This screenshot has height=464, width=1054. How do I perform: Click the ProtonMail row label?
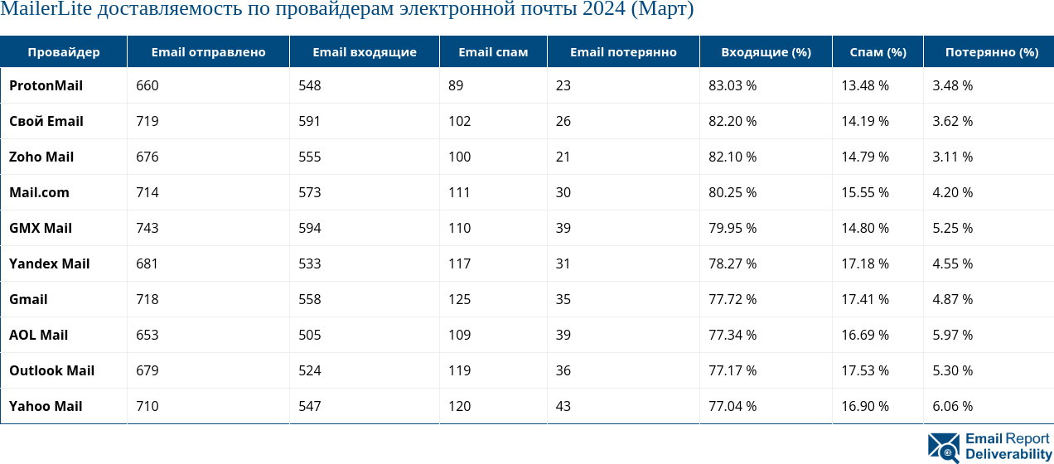(x=46, y=85)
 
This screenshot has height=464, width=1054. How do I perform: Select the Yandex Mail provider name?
(x=49, y=263)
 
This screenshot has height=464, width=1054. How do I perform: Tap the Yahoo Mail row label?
(x=46, y=406)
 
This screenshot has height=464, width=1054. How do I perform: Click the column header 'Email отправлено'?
(x=208, y=52)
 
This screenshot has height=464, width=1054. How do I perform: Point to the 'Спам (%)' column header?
(x=878, y=52)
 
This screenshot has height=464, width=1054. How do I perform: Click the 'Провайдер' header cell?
(x=64, y=52)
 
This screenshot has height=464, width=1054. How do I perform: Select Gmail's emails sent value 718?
(x=147, y=299)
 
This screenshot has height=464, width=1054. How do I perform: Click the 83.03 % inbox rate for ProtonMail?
(x=732, y=85)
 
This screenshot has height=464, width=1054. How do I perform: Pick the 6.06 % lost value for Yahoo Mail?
(x=952, y=406)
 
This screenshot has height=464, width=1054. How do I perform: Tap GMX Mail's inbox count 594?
(x=310, y=228)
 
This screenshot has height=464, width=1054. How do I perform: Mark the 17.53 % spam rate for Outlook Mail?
(x=865, y=370)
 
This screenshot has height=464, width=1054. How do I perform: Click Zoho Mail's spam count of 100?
(x=459, y=157)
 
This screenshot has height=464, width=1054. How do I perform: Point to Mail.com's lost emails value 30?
(x=563, y=192)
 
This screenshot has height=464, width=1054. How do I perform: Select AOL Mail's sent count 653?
(x=147, y=335)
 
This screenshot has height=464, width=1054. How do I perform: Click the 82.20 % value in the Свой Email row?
(x=732, y=121)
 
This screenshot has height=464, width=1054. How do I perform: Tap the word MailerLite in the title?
(x=46, y=11)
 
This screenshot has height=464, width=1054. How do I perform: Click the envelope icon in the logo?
(x=944, y=447)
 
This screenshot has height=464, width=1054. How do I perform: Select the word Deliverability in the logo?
(x=1008, y=454)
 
